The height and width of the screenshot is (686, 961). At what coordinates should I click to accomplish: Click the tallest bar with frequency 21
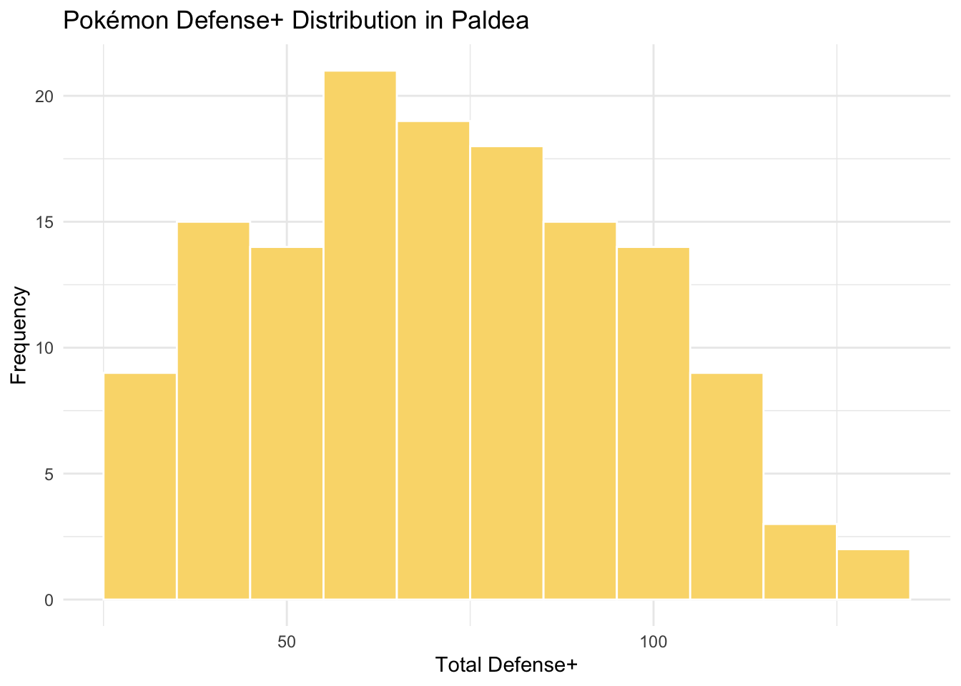click(360, 336)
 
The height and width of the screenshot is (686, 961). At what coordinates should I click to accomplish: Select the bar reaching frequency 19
click(433, 361)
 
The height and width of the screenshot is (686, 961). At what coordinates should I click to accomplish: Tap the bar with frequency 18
click(506, 373)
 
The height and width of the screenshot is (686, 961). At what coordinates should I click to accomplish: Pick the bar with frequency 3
click(799, 562)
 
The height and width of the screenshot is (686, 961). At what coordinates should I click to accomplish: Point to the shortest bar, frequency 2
click(873, 575)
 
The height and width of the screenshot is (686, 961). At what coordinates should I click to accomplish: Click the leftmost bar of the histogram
click(140, 487)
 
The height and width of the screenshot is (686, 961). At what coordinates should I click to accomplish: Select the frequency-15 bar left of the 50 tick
click(213, 411)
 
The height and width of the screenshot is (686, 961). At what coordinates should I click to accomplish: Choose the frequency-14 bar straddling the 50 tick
click(287, 424)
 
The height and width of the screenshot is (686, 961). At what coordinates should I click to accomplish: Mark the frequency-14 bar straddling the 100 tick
click(653, 424)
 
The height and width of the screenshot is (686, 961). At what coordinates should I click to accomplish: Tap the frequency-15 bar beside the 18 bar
click(580, 411)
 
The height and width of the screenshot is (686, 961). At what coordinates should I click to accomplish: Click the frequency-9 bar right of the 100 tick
click(726, 487)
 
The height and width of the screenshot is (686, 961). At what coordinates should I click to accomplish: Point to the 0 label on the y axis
click(49, 600)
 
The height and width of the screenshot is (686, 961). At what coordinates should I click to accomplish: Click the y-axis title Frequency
click(19, 335)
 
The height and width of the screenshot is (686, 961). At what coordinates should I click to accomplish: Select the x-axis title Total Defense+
click(506, 666)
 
